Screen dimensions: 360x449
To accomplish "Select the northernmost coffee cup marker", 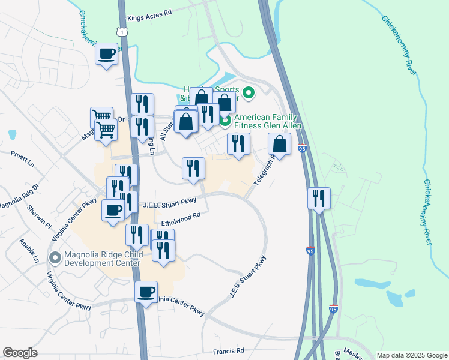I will (107, 54).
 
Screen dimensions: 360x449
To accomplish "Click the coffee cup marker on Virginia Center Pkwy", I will (146, 293).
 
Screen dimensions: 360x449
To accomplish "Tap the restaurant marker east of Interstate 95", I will (319, 199).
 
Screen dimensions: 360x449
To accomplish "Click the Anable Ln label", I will (28, 251).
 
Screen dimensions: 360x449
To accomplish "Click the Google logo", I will (20, 353).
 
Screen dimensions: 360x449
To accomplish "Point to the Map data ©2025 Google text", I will (411, 355).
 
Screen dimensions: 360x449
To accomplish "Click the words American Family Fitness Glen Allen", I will (268, 121).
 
